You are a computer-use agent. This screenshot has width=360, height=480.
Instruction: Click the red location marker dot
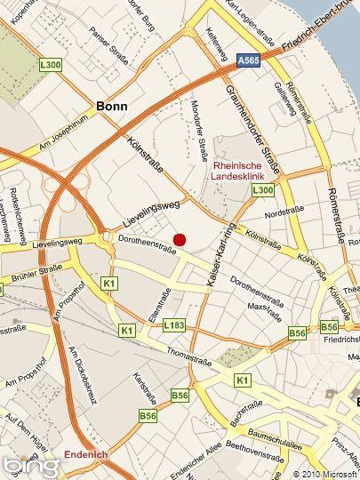pyautogui.click(x=180, y=239)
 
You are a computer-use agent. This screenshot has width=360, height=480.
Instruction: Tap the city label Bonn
pyautogui.click(x=111, y=106)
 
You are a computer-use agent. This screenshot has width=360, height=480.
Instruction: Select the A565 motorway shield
pyautogui.click(x=249, y=59)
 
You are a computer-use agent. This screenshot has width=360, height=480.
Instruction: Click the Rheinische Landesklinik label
pyautogui.click(x=244, y=171)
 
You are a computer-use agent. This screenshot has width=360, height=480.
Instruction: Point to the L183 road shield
pyautogui.click(x=174, y=326)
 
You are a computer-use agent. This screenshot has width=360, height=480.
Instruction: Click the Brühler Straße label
pyautogui.click(x=31, y=276)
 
